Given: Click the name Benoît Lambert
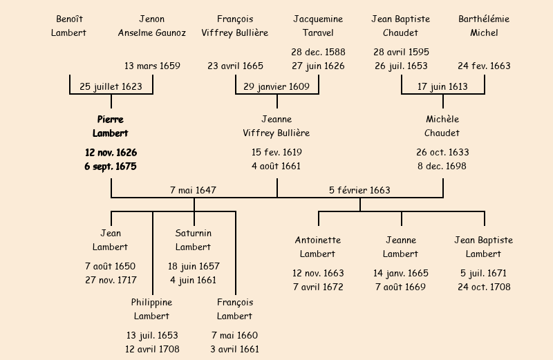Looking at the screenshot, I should point(69,26).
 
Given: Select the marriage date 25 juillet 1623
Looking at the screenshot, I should point(111,86).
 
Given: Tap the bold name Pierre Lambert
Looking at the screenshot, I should point(111,126).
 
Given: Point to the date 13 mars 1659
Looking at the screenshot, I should point(152,66).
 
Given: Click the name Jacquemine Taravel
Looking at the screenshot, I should point(318,26).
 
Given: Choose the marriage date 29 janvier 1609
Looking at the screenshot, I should point(276,86).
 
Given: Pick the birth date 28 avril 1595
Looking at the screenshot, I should point(401,52).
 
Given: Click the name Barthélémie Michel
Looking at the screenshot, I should point(484,26).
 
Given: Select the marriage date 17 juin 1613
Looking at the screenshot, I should point(442,86).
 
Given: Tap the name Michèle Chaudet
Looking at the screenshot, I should point(442,126).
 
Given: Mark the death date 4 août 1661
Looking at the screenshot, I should point(276,166).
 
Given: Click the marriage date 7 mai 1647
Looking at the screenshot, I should point(194,190).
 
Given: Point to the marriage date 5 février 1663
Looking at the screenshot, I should point(359,190).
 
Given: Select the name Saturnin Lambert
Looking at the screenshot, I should point(194,240).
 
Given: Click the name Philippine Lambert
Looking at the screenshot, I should point(152,309).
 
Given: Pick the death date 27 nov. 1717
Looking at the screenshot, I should point(111,280).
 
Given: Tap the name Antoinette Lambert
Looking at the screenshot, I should point(318,247).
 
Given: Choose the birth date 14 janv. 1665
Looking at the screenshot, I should point(401,273).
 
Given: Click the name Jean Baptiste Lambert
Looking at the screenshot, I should point(484,247).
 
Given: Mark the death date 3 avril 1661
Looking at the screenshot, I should point(235,349).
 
